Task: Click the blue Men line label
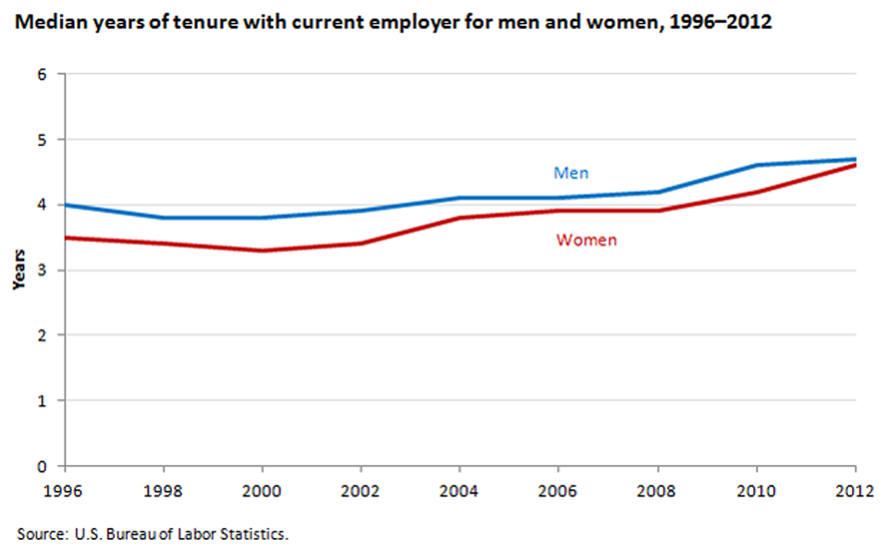571,173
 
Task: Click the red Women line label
586,240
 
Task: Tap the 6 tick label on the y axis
42,74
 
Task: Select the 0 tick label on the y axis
42,466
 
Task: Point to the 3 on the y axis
42,270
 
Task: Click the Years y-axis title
18,270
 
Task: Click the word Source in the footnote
37,533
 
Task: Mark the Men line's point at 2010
757,165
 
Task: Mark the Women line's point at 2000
262,251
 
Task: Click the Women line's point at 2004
460,218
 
